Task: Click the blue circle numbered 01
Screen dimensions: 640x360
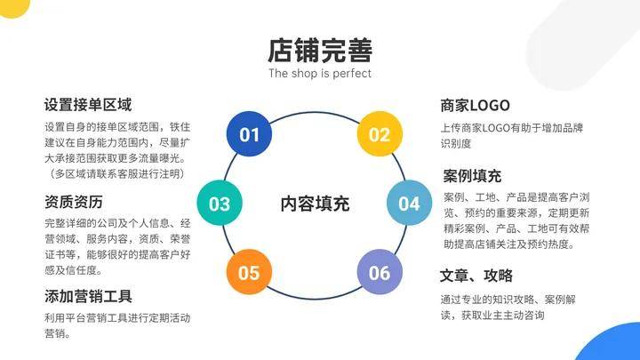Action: tap(249, 134)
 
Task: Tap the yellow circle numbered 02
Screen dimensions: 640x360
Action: tap(380, 134)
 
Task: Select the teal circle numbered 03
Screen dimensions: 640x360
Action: tap(220, 203)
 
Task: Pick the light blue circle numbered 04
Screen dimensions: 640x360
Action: tap(410, 203)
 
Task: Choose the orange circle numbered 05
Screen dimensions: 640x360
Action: tap(249, 272)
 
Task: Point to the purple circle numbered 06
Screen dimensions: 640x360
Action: tap(380, 272)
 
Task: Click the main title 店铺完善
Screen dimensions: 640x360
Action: tap(320, 51)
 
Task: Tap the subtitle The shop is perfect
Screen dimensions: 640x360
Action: tap(320, 74)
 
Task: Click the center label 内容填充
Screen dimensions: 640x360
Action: tap(315, 204)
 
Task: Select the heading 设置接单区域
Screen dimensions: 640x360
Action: tap(88, 105)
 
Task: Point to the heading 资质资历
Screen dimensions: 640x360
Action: tap(74, 202)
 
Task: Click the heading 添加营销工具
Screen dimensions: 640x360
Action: tap(88, 296)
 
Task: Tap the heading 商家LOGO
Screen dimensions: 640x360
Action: tap(475, 106)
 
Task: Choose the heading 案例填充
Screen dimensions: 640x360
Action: tap(472, 176)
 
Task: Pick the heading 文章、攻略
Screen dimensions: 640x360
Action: tap(476, 276)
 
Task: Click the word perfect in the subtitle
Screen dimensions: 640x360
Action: tap(352, 74)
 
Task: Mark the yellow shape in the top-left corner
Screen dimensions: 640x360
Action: tap(15, 7)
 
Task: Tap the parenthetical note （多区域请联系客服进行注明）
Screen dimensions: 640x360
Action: tap(117, 174)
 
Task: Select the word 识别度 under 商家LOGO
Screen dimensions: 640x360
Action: tap(456, 144)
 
